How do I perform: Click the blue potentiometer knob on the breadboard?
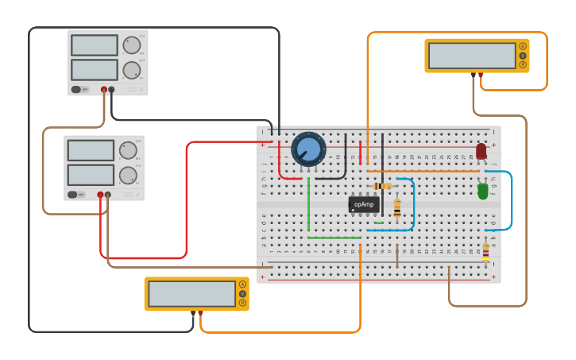(x=308, y=149)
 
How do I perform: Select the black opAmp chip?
(x=363, y=204)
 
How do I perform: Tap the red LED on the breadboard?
(x=481, y=151)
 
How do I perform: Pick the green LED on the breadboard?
(x=483, y=191)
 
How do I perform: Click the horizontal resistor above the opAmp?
(x=383, y=186)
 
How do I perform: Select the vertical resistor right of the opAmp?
(x=397, y=207)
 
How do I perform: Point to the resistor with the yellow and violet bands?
(x=485, y=252)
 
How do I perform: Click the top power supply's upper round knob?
(x=131, y=45)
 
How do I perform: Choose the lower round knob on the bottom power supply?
(x=128, y=176)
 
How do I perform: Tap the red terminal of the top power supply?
(x=104, y=90)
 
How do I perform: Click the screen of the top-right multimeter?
(x=471, y=56)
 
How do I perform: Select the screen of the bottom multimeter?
(x=191, y=293)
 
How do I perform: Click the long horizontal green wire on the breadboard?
(x=334, y=237)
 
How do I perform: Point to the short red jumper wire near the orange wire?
(x=360, y=152)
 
